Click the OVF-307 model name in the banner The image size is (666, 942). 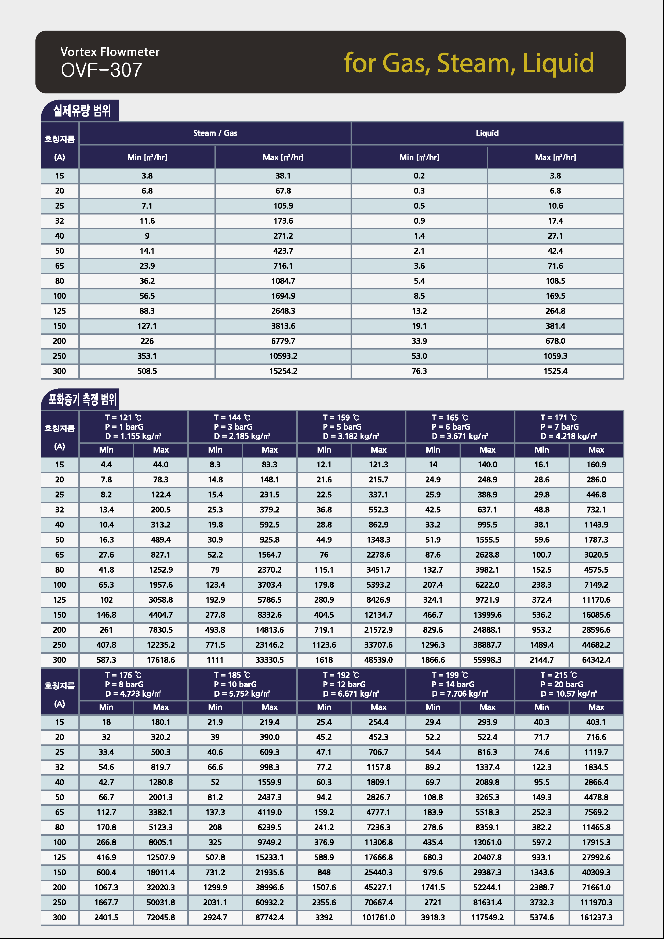tap(101, 70)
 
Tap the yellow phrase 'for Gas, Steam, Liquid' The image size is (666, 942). tap(469, 63)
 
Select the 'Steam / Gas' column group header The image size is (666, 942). tap(215, 133)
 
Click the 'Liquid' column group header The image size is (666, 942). tap(487, 133)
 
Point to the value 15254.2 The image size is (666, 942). tap(283, 371)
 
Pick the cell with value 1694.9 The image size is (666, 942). tap(283, 296)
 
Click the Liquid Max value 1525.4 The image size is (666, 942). tap(555, 371)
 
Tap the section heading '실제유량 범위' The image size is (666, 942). tap(82, 110)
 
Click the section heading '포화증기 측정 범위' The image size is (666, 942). tap(82, 399)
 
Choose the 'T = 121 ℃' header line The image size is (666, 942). tap(123, 418)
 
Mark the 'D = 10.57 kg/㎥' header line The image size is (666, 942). tap(568, 694)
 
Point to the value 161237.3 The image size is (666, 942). tap(596, 917)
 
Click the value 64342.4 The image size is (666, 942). tap(596, 660)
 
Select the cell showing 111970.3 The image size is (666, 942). tap(596, 903)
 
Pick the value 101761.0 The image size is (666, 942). tap(378, 917)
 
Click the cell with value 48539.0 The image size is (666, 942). tap(378, 660)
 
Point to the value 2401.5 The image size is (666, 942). tap(106, 917)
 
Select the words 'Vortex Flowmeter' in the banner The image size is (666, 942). tap(110, 52)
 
